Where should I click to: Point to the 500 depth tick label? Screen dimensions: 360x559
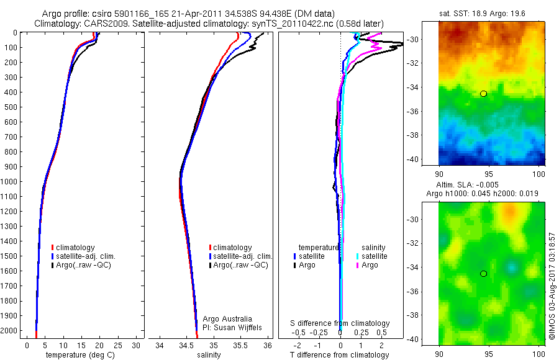point(11,107)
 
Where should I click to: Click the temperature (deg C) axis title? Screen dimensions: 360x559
point(79,355)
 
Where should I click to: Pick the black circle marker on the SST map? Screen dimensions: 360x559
point(483,93)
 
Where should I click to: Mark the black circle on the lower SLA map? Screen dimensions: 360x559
point(483,273)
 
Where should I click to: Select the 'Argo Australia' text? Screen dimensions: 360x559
point(229,317)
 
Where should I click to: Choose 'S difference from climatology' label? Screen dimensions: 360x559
point(340,323)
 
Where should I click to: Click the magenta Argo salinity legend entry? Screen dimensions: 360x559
point(373,265)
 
